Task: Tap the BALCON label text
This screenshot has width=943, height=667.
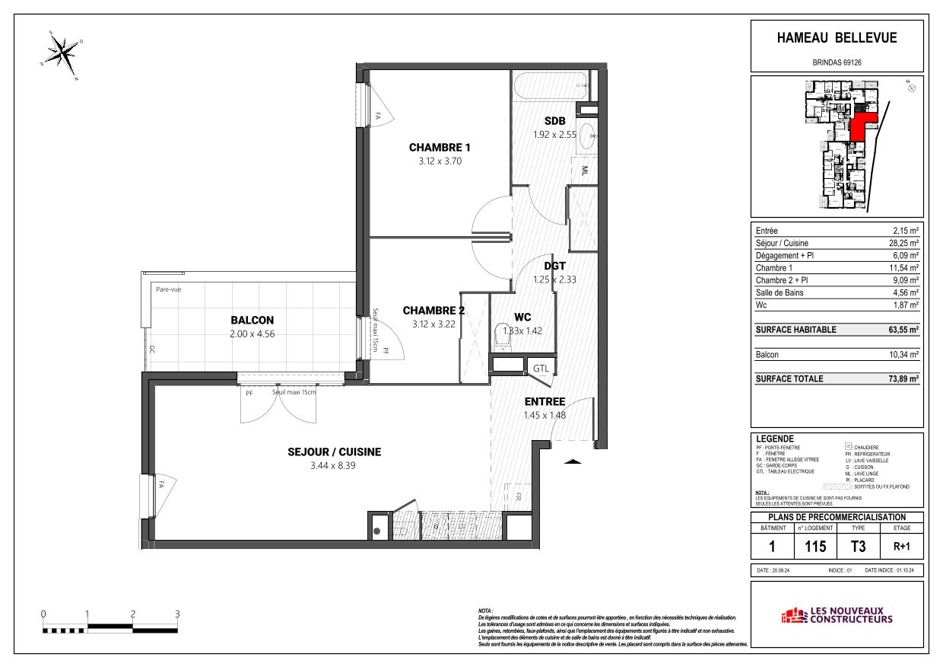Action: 252,321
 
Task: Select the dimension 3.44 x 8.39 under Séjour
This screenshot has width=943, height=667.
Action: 334,465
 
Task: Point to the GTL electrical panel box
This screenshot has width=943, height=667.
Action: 541,369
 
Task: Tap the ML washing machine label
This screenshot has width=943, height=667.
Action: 586,171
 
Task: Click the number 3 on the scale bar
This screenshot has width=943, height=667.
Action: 177,614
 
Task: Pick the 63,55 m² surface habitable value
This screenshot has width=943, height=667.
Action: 901,330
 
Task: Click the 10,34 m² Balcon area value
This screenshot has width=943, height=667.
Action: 905,355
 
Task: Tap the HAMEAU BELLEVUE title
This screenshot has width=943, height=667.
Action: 837,38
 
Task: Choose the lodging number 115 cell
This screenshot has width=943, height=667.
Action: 815,546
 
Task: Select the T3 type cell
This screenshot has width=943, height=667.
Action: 857,546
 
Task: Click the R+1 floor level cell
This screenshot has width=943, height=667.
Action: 901,546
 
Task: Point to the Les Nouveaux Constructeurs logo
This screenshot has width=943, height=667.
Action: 837,615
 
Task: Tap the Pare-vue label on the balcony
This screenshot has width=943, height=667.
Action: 168,289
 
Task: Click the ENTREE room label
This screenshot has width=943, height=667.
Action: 544,402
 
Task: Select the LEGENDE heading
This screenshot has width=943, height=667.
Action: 775,439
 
